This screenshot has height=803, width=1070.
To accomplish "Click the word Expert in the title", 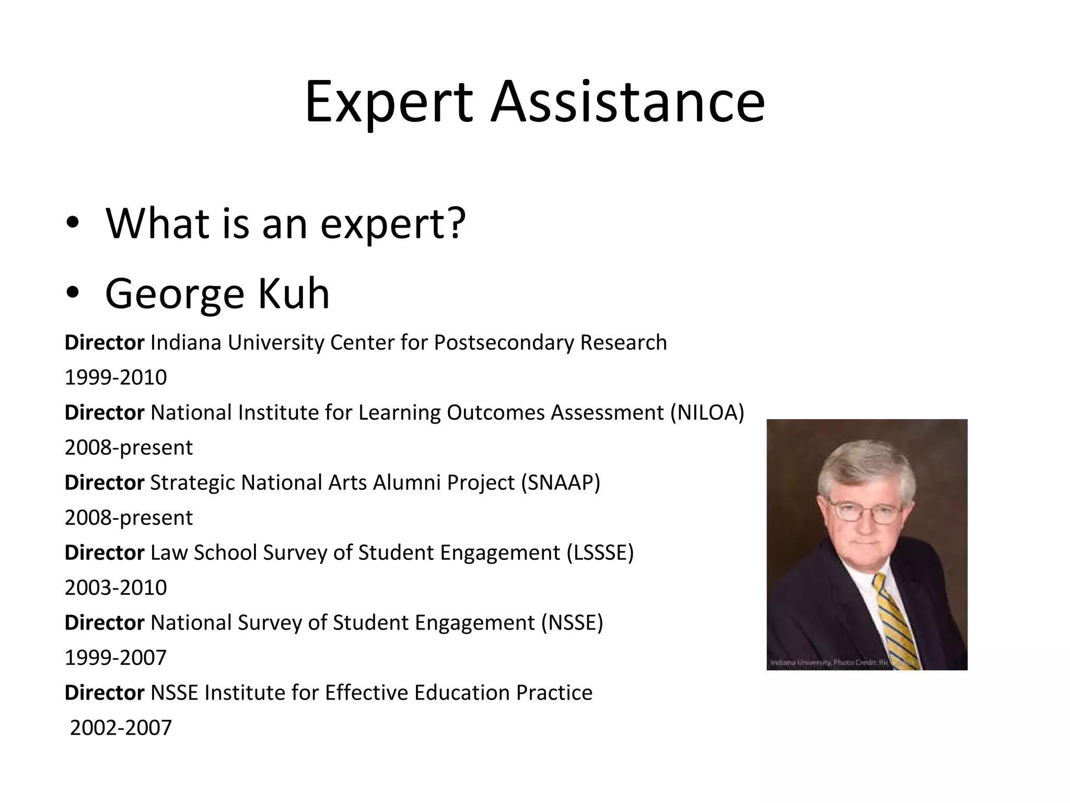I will coord(388,102).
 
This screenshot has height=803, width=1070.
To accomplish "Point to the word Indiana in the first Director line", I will coord(185,343).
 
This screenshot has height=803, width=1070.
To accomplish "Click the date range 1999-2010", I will coord(115,377).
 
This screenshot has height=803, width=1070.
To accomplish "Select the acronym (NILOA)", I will coord(707,413).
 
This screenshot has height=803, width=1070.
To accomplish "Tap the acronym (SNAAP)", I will coord(561,483).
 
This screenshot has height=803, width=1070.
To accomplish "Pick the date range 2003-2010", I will coord(115,588).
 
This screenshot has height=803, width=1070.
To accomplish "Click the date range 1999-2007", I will coord(115,658).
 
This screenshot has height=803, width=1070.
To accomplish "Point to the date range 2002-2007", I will coord(121,728).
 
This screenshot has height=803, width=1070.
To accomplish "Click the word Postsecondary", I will coord(504,343).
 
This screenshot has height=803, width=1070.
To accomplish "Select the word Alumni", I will coord(407,483).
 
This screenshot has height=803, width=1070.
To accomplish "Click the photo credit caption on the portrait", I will coord(841,663).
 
